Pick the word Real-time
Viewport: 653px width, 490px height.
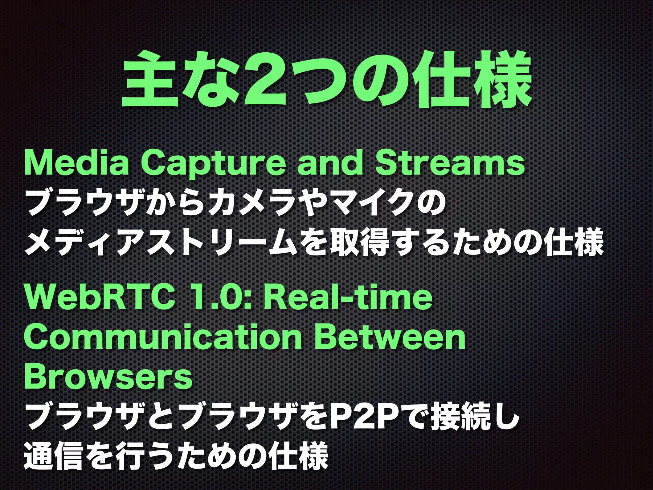(x=348, y=298)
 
